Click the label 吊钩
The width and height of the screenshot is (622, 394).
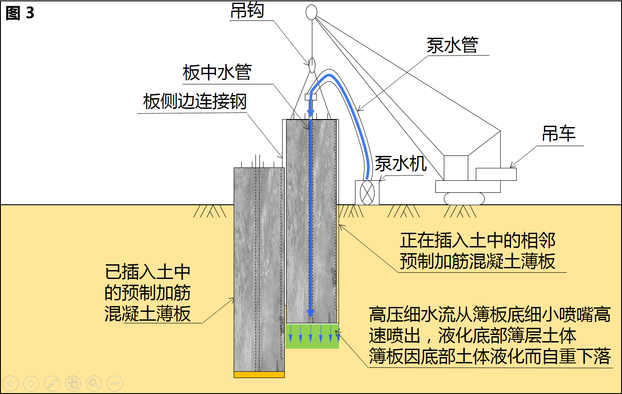247,11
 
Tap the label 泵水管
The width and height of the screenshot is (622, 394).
452,45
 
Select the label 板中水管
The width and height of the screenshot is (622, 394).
217,73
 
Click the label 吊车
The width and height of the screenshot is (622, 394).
558,134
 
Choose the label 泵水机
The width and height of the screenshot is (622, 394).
401,163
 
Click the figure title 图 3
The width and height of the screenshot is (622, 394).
20,13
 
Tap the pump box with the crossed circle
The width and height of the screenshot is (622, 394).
367,193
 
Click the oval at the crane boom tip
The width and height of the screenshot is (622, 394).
311,12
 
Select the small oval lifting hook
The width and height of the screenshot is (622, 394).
312,65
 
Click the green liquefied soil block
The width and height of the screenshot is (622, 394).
312,336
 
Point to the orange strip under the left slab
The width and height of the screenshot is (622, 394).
259,374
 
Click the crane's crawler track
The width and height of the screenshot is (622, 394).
464,199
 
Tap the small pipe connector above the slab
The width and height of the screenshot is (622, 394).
311,96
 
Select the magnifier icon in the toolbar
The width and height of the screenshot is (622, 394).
94,383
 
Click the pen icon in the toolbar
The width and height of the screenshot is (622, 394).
52,383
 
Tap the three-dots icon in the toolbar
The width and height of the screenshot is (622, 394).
115,383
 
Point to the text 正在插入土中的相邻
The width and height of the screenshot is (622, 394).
478,241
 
